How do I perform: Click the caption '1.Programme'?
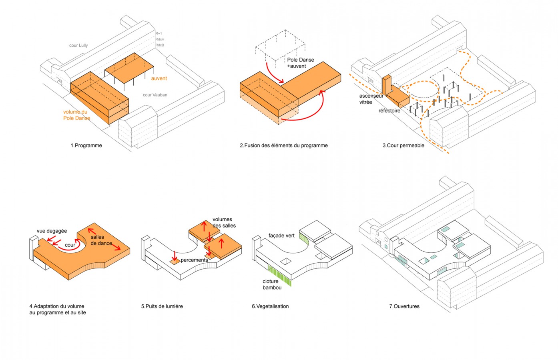(86, 146)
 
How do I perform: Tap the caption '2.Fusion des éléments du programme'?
(283, 146)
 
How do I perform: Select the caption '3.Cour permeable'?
(403, 146)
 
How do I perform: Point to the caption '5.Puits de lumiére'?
(162, 306)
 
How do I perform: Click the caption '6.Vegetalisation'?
(270, 306)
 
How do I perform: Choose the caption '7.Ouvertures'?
(404, 306)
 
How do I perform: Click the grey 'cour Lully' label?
(78, 46)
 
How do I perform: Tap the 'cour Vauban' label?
(155, 95)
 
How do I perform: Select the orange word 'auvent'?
(159, 78)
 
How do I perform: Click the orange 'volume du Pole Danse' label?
(76, 115)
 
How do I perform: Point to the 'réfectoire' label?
(389, 111)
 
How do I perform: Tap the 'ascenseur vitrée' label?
(371, 99)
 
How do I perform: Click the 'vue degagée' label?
(52, 231)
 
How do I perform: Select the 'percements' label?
(194, 260)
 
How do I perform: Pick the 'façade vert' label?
(281, 236)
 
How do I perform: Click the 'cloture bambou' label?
(272, 284)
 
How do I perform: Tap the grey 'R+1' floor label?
(159, 34)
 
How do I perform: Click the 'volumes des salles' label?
(224, 222)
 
